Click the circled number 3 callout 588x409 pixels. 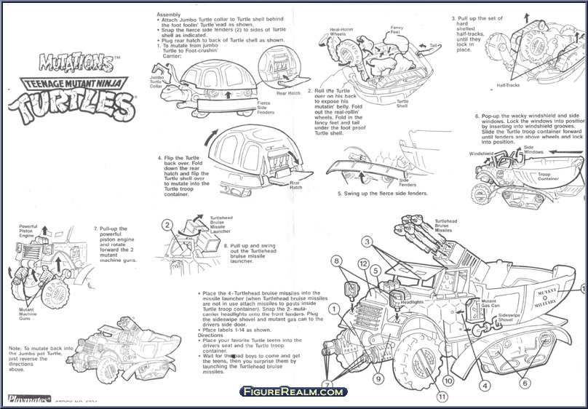[x=367, y=241]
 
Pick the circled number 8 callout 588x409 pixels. [x=337, y=260]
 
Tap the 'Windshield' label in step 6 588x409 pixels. [x=481, y=154]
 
